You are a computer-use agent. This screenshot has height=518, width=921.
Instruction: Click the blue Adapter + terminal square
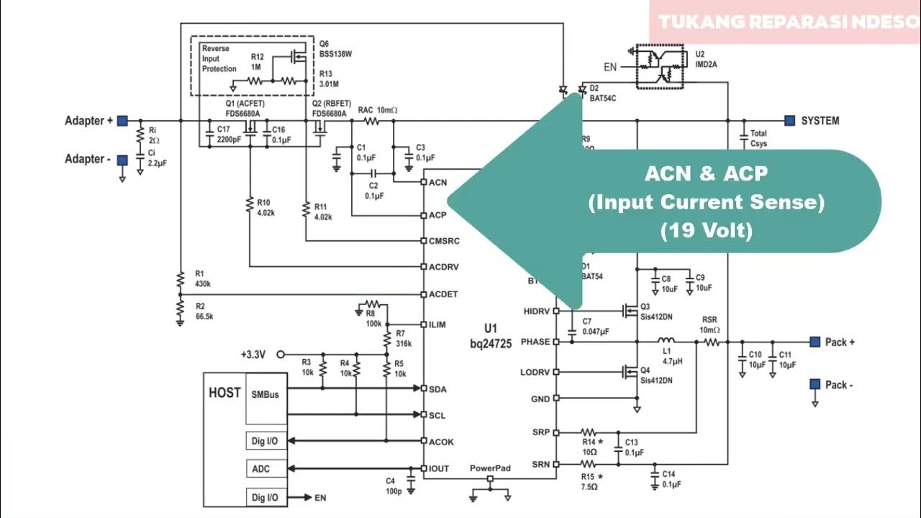[x=123, y=121]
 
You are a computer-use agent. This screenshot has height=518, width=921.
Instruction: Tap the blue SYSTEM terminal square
[x=790, y=120]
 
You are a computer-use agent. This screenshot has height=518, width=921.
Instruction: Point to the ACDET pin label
[x=443, y=294]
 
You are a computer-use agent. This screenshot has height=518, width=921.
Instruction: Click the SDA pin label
[x=437, y=388]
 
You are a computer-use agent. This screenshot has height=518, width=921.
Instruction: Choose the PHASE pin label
[x=535, y=342]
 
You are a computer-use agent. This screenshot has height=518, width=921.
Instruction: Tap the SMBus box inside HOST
[x=265, y=395]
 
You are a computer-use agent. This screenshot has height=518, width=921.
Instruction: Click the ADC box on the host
[x=260, y=468]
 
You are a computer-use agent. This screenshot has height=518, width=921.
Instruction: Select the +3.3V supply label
[x=253, y=354]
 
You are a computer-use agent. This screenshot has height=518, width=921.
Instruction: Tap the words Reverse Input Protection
[x=219, y=58]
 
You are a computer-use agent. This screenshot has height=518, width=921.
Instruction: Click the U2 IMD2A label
[x=706, y=59]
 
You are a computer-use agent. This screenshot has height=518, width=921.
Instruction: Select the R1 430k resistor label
[x=202, y=278]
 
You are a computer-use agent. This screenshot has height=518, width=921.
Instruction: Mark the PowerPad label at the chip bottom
[x=490, y=468]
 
